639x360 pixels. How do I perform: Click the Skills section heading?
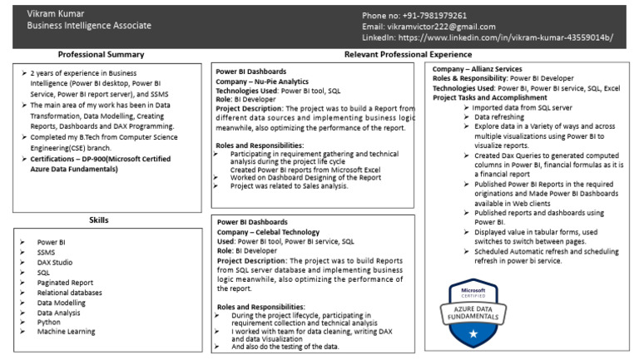click(99, 219)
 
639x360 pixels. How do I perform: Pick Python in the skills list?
click(49, 322)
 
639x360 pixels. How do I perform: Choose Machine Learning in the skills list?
click(66, 332)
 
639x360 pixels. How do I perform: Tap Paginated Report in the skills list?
click(66, 282)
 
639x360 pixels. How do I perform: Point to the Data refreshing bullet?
click(499, 117)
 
